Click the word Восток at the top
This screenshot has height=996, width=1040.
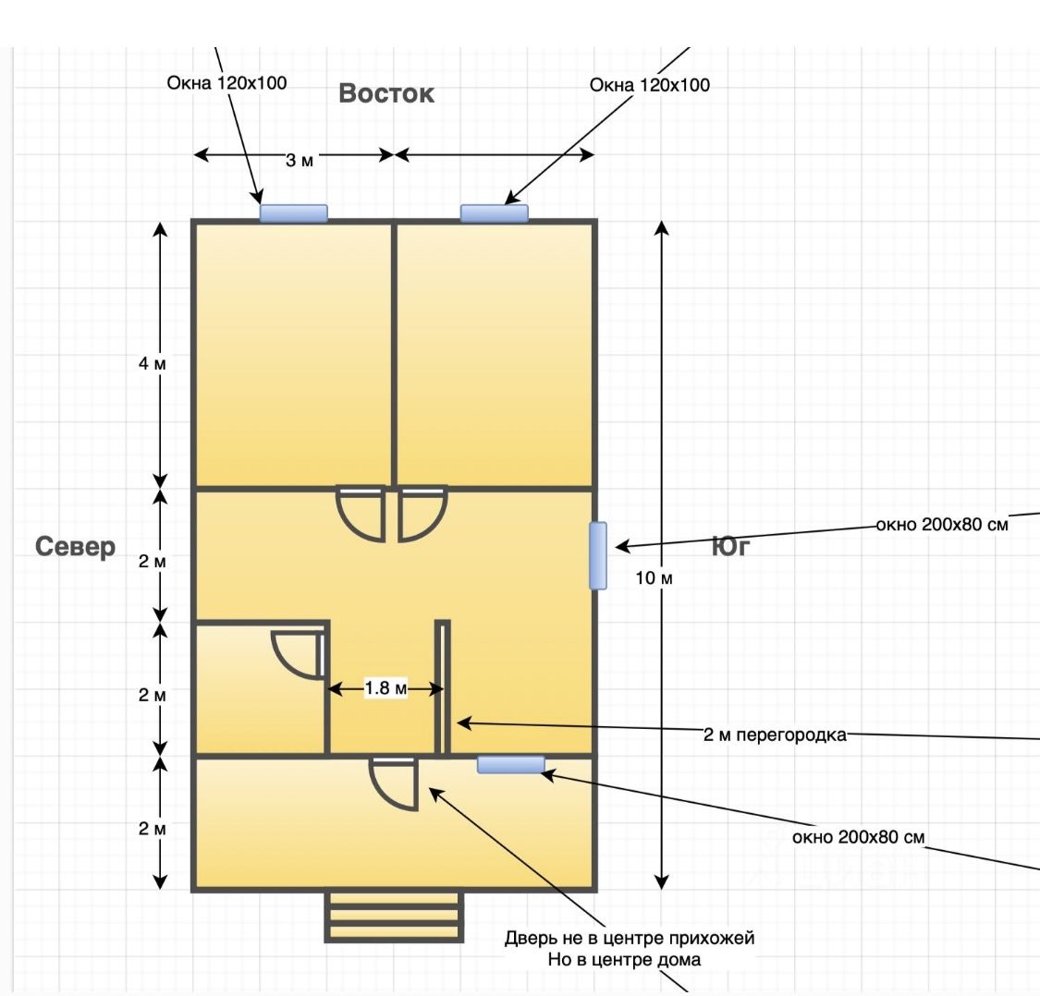(x=386, y=93)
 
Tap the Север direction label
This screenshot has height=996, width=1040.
(x=76, y=547)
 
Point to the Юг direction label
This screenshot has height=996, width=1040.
(x=730, y=547)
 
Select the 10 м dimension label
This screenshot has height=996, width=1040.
(x=654, y=578)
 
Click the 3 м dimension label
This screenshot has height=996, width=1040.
(x=300, y=161)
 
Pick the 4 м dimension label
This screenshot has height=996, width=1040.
(x=153, y=363)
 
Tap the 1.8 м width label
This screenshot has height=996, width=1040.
(x=385, y=688)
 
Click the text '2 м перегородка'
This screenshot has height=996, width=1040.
(x=775, y=735)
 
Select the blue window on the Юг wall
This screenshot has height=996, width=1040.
(x=598, y=555)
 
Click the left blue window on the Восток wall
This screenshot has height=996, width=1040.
(x=293, y=213)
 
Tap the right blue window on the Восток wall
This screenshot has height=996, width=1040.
(x=495, y=213)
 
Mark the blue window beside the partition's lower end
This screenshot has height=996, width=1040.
(x=511, y=764)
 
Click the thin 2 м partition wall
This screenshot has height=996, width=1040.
(x=443, y=687)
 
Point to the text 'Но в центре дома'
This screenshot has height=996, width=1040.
(x=624, y=960)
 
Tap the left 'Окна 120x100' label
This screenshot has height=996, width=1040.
(x=226, y=83)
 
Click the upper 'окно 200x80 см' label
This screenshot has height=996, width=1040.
(x=942, y=525)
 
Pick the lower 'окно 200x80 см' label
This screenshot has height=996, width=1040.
(x=859, y=838)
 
